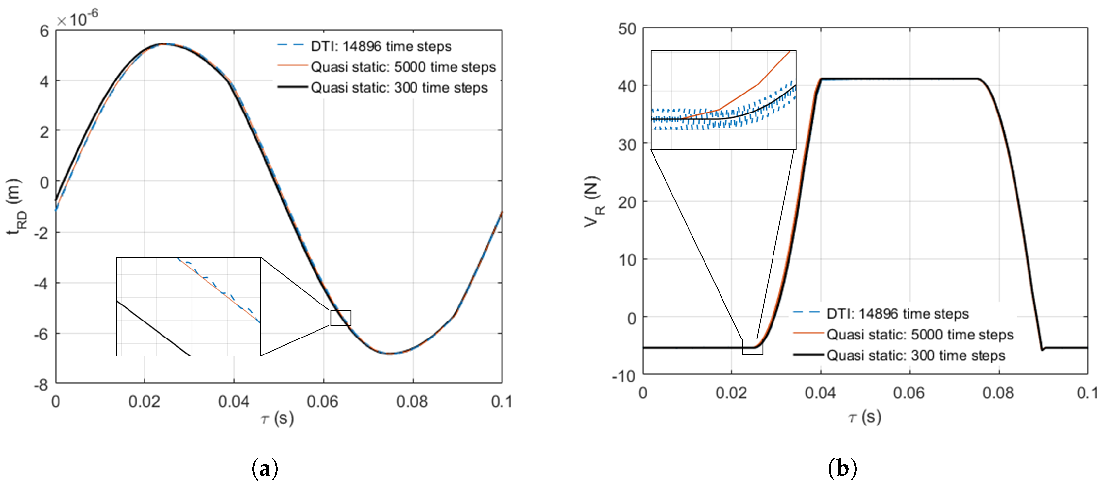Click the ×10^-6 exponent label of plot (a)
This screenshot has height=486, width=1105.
77,18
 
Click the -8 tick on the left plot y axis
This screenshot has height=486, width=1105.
41,384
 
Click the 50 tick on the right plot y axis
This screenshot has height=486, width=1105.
627,29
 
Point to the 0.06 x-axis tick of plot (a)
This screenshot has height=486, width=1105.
323,402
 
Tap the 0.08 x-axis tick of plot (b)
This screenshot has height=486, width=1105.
998,393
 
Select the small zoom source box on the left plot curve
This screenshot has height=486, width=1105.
341,318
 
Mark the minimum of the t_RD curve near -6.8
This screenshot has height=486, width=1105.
389,354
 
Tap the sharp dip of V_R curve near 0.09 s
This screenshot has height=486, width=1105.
1042,350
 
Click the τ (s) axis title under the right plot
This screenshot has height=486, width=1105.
865,417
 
